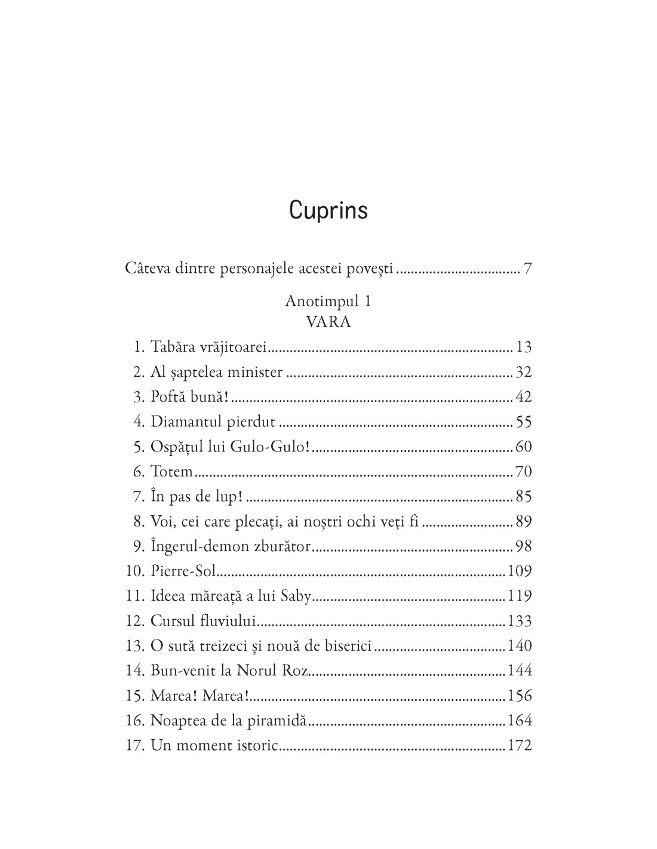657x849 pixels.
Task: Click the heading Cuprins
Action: click(328, 211)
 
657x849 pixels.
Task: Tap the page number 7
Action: click(527, 269)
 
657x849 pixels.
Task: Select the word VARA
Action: click(328, 322)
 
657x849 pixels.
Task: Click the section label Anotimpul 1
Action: click(328, 301)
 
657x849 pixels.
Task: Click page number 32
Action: click(523, 372)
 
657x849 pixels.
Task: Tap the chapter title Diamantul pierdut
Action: click(213, 422)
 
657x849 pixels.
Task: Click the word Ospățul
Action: click(173, 447)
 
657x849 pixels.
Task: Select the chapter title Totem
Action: click(172, 472)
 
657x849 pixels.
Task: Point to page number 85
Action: click(523, 497)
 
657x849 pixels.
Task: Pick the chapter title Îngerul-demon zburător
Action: click(231, 546)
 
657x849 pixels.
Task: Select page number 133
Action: click(519, 621)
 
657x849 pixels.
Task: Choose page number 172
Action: click(519, 746)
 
